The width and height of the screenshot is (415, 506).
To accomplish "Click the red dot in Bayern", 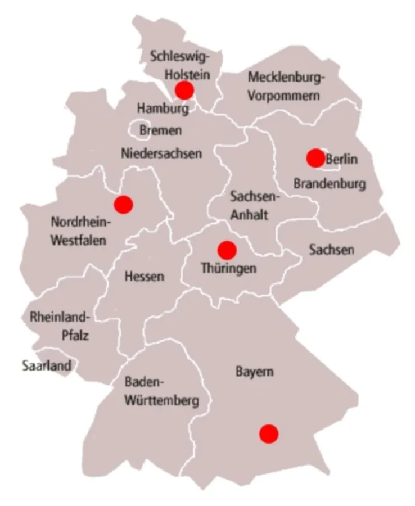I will point(269,433).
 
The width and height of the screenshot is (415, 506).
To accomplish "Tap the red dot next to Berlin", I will point(315,158).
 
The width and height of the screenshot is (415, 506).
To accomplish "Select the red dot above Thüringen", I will point(227,249).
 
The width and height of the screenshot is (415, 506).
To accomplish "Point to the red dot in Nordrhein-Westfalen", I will point(123,204).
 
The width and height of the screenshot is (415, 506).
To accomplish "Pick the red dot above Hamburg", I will point(184,90).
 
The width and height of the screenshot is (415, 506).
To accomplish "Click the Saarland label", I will point(47,366).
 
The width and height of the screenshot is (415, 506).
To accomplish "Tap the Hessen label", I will point(145,276).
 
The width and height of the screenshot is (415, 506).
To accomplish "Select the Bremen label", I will point(160,130).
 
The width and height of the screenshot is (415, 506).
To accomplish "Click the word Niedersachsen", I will point(161,152).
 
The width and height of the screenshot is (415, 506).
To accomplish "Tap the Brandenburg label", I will point(330,183).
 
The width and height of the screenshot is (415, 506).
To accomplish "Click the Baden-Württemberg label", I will point(161,392).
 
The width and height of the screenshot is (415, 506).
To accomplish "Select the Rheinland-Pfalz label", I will point(60,327).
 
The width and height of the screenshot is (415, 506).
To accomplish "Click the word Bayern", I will point(255,372).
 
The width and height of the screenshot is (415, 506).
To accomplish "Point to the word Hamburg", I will point(163,108).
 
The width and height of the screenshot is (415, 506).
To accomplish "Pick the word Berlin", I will point(341,159).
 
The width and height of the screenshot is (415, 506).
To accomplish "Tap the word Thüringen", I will point(228,268).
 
